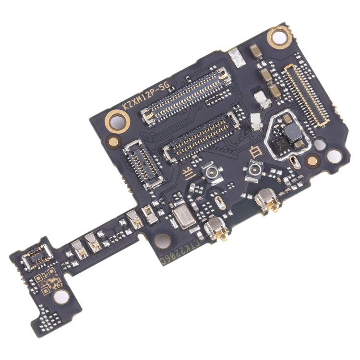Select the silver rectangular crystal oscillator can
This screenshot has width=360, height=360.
click(181, 216)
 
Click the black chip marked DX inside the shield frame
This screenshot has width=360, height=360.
click(278, 144)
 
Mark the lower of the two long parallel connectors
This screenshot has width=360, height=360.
click(201, 133)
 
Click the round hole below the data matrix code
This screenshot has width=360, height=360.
click(60, 298)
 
